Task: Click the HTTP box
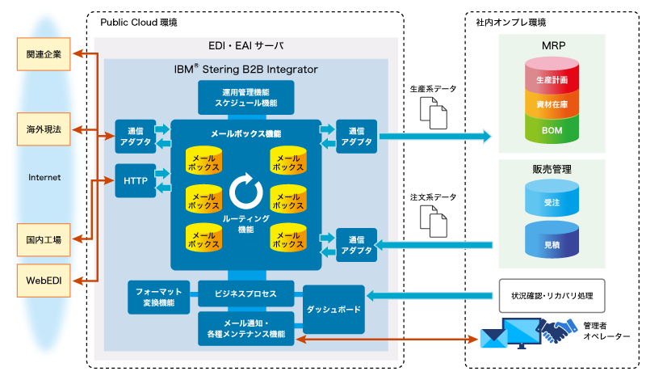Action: tap(135, 181)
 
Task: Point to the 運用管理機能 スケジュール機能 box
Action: tap(245, 97)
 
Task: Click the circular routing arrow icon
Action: tap(245, 192)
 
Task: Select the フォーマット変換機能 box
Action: tap(158, 297)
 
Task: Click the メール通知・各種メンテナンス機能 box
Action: tap(245, 327)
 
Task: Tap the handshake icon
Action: tap(557, 331)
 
